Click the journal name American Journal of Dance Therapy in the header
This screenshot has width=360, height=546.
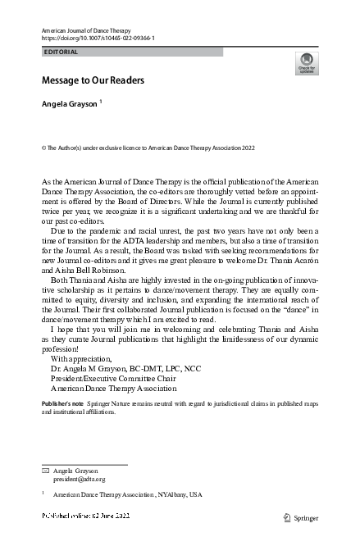[85, 30]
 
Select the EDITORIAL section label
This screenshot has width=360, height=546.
[62, 52]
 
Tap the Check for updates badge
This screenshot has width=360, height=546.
[306, 63]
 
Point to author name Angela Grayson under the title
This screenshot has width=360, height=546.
[70, 105]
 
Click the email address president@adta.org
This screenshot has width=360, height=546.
[80, 480]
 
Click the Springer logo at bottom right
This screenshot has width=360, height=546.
[300, 518]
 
